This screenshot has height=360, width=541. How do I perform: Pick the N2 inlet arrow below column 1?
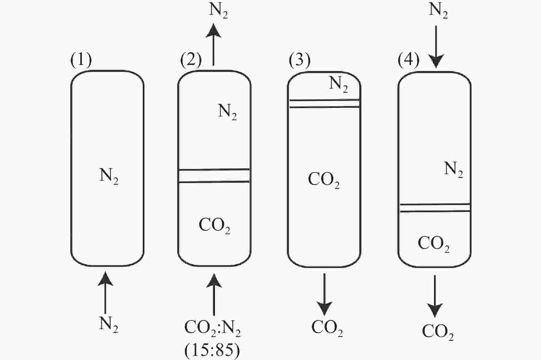pyautogui.click(x=105, y=293)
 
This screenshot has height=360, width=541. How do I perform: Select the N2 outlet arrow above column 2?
pyautogui.click(x=213, y=44)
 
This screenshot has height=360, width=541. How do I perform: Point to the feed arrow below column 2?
pyautogui.click(x=214, y=294)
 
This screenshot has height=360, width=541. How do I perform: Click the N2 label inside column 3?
pyautogui.click(x=339, y=85)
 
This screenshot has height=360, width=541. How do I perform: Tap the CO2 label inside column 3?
pyautogui.click(x=324, y=180)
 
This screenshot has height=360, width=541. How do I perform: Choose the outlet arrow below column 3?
pyautogui.click(x=324, y=294)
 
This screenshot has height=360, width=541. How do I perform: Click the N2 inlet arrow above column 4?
pyautogui.click(x=436, y=47)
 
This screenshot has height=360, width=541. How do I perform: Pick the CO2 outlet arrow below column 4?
pyautogui.click(x=435, y=296)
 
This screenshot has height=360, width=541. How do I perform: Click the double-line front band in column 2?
pyautogui.click(x=214, y=176)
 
